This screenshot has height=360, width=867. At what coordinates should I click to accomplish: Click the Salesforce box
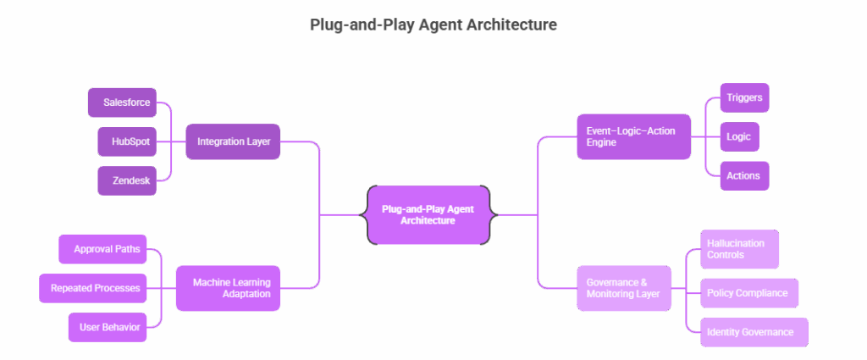122,102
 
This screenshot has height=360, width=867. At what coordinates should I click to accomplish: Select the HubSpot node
127,141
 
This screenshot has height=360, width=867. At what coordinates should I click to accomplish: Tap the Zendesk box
127,180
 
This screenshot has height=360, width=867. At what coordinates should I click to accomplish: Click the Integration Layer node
233,141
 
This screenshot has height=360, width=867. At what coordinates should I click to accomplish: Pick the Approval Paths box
102,249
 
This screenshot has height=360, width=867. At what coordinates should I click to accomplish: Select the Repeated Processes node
93,288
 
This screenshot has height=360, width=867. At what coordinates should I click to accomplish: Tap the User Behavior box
108,327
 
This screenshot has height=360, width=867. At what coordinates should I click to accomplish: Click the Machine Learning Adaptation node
229,288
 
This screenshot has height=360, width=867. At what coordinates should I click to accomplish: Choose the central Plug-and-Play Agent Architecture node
428,215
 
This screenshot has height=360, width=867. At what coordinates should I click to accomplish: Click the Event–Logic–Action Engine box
634,136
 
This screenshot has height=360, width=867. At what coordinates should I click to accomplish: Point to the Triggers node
745,98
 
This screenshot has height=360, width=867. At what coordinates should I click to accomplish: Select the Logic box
740,136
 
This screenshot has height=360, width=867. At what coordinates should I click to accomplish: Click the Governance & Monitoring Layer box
624,288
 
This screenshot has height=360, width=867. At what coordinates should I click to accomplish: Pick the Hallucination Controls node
740,249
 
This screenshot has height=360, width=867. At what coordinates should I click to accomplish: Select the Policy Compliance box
750,293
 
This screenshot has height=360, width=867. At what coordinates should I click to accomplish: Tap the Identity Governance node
754,332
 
